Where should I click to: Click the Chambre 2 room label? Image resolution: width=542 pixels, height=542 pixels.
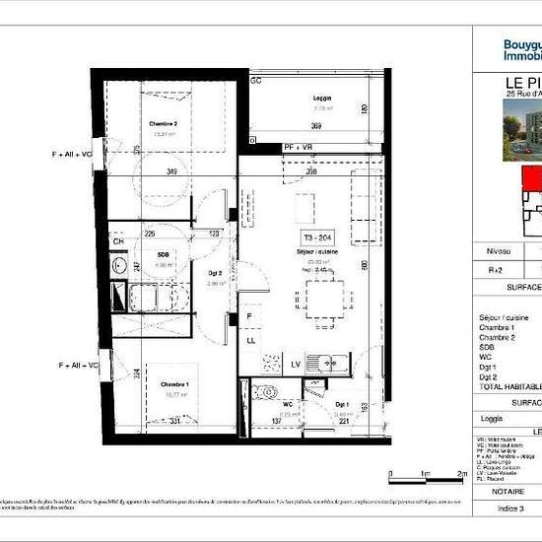tap(163, 124)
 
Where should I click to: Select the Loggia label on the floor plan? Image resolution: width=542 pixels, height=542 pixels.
tap(322, 100)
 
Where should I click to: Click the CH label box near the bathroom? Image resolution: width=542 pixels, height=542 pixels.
tap(118, 241)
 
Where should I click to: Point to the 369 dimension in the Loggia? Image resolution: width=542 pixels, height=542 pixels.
tap(315, 127)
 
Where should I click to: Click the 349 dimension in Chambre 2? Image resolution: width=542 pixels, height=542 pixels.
tap(172, 172)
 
